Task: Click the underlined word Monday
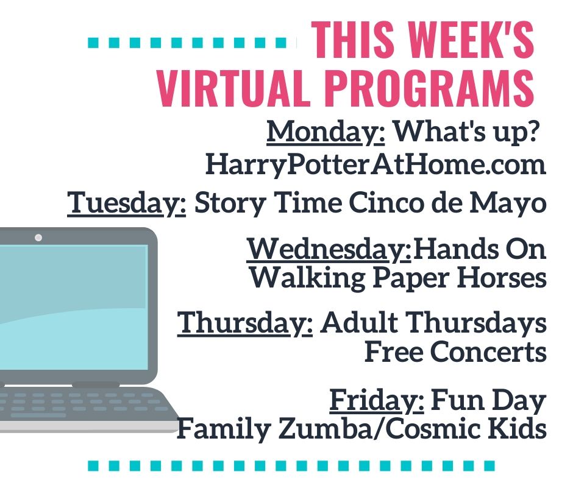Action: [326, 132]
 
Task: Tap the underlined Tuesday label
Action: [126, 203]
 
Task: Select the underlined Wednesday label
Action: [329, 250]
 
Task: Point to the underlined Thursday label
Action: [245, 323]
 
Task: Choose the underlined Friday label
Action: [377, 401]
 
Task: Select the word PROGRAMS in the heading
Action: [429, 88]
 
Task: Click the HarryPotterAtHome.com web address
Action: [375, 165]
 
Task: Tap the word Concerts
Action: [455, 351]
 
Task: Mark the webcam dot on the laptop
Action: [38, 238]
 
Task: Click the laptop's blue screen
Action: [74, 307]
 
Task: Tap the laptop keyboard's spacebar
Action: [38, 415]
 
